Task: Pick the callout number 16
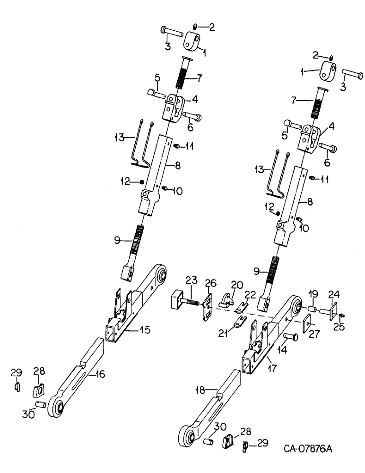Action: click(99, 375)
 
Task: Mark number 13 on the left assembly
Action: click(117, 138)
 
